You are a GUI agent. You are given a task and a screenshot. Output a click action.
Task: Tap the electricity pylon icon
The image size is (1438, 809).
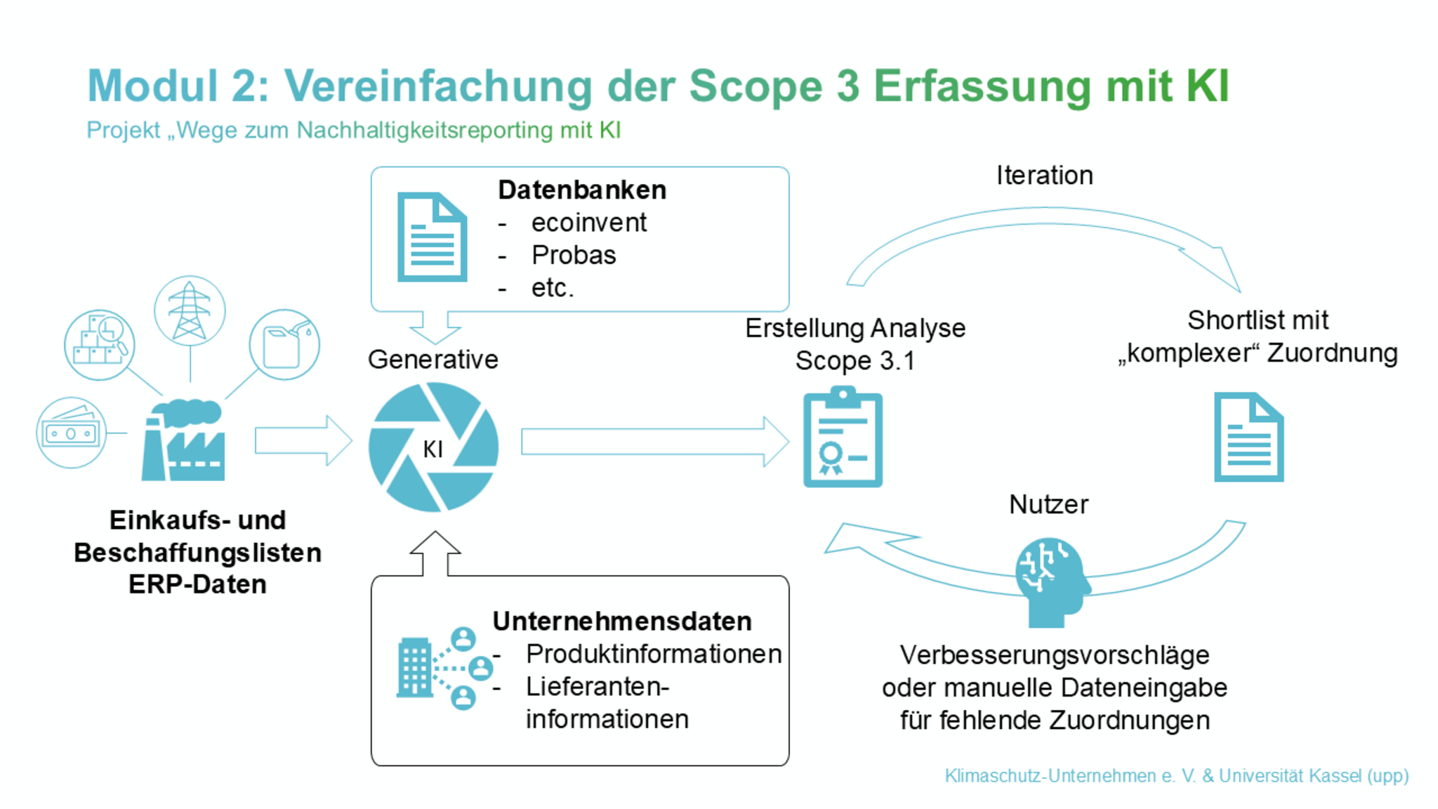tap(190, 310)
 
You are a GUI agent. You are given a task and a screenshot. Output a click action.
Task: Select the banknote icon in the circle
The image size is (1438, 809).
tap(71, 433)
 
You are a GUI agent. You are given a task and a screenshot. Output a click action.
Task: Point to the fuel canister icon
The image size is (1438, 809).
tap(284, 345)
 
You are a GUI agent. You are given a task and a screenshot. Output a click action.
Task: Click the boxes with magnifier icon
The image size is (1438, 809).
tap(100, 345)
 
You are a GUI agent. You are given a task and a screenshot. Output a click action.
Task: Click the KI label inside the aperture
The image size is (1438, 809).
tap(433, 449)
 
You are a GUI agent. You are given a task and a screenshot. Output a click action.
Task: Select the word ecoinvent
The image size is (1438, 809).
tap(588, 223)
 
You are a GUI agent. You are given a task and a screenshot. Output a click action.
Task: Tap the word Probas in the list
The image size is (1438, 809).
tap(573, 255)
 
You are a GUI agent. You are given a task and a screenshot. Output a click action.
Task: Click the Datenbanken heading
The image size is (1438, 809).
tap(582, 190)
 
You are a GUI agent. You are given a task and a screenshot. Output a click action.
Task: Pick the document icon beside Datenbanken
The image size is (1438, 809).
tap(432, 237)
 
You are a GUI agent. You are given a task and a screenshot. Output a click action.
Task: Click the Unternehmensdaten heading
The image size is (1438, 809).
tap(622, 621)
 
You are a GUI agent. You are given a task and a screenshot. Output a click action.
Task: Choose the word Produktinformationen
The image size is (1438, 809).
tap(654, 654)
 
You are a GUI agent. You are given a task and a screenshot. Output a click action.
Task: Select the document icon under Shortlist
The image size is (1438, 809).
tap(1248, 437)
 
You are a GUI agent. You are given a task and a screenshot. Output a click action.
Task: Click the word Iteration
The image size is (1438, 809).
tap(1044, 176)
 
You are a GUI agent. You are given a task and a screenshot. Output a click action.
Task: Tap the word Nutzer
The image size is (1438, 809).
tap(1048, 504)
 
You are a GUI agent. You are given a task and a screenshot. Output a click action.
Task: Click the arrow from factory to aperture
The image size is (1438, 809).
tap(303, 441)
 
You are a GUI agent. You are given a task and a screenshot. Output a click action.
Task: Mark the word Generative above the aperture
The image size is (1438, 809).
tap(433, 360)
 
